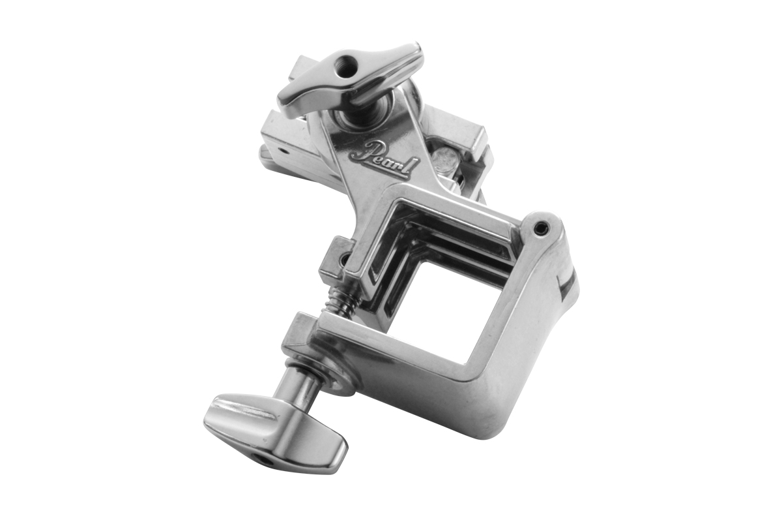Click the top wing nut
[350, 80]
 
